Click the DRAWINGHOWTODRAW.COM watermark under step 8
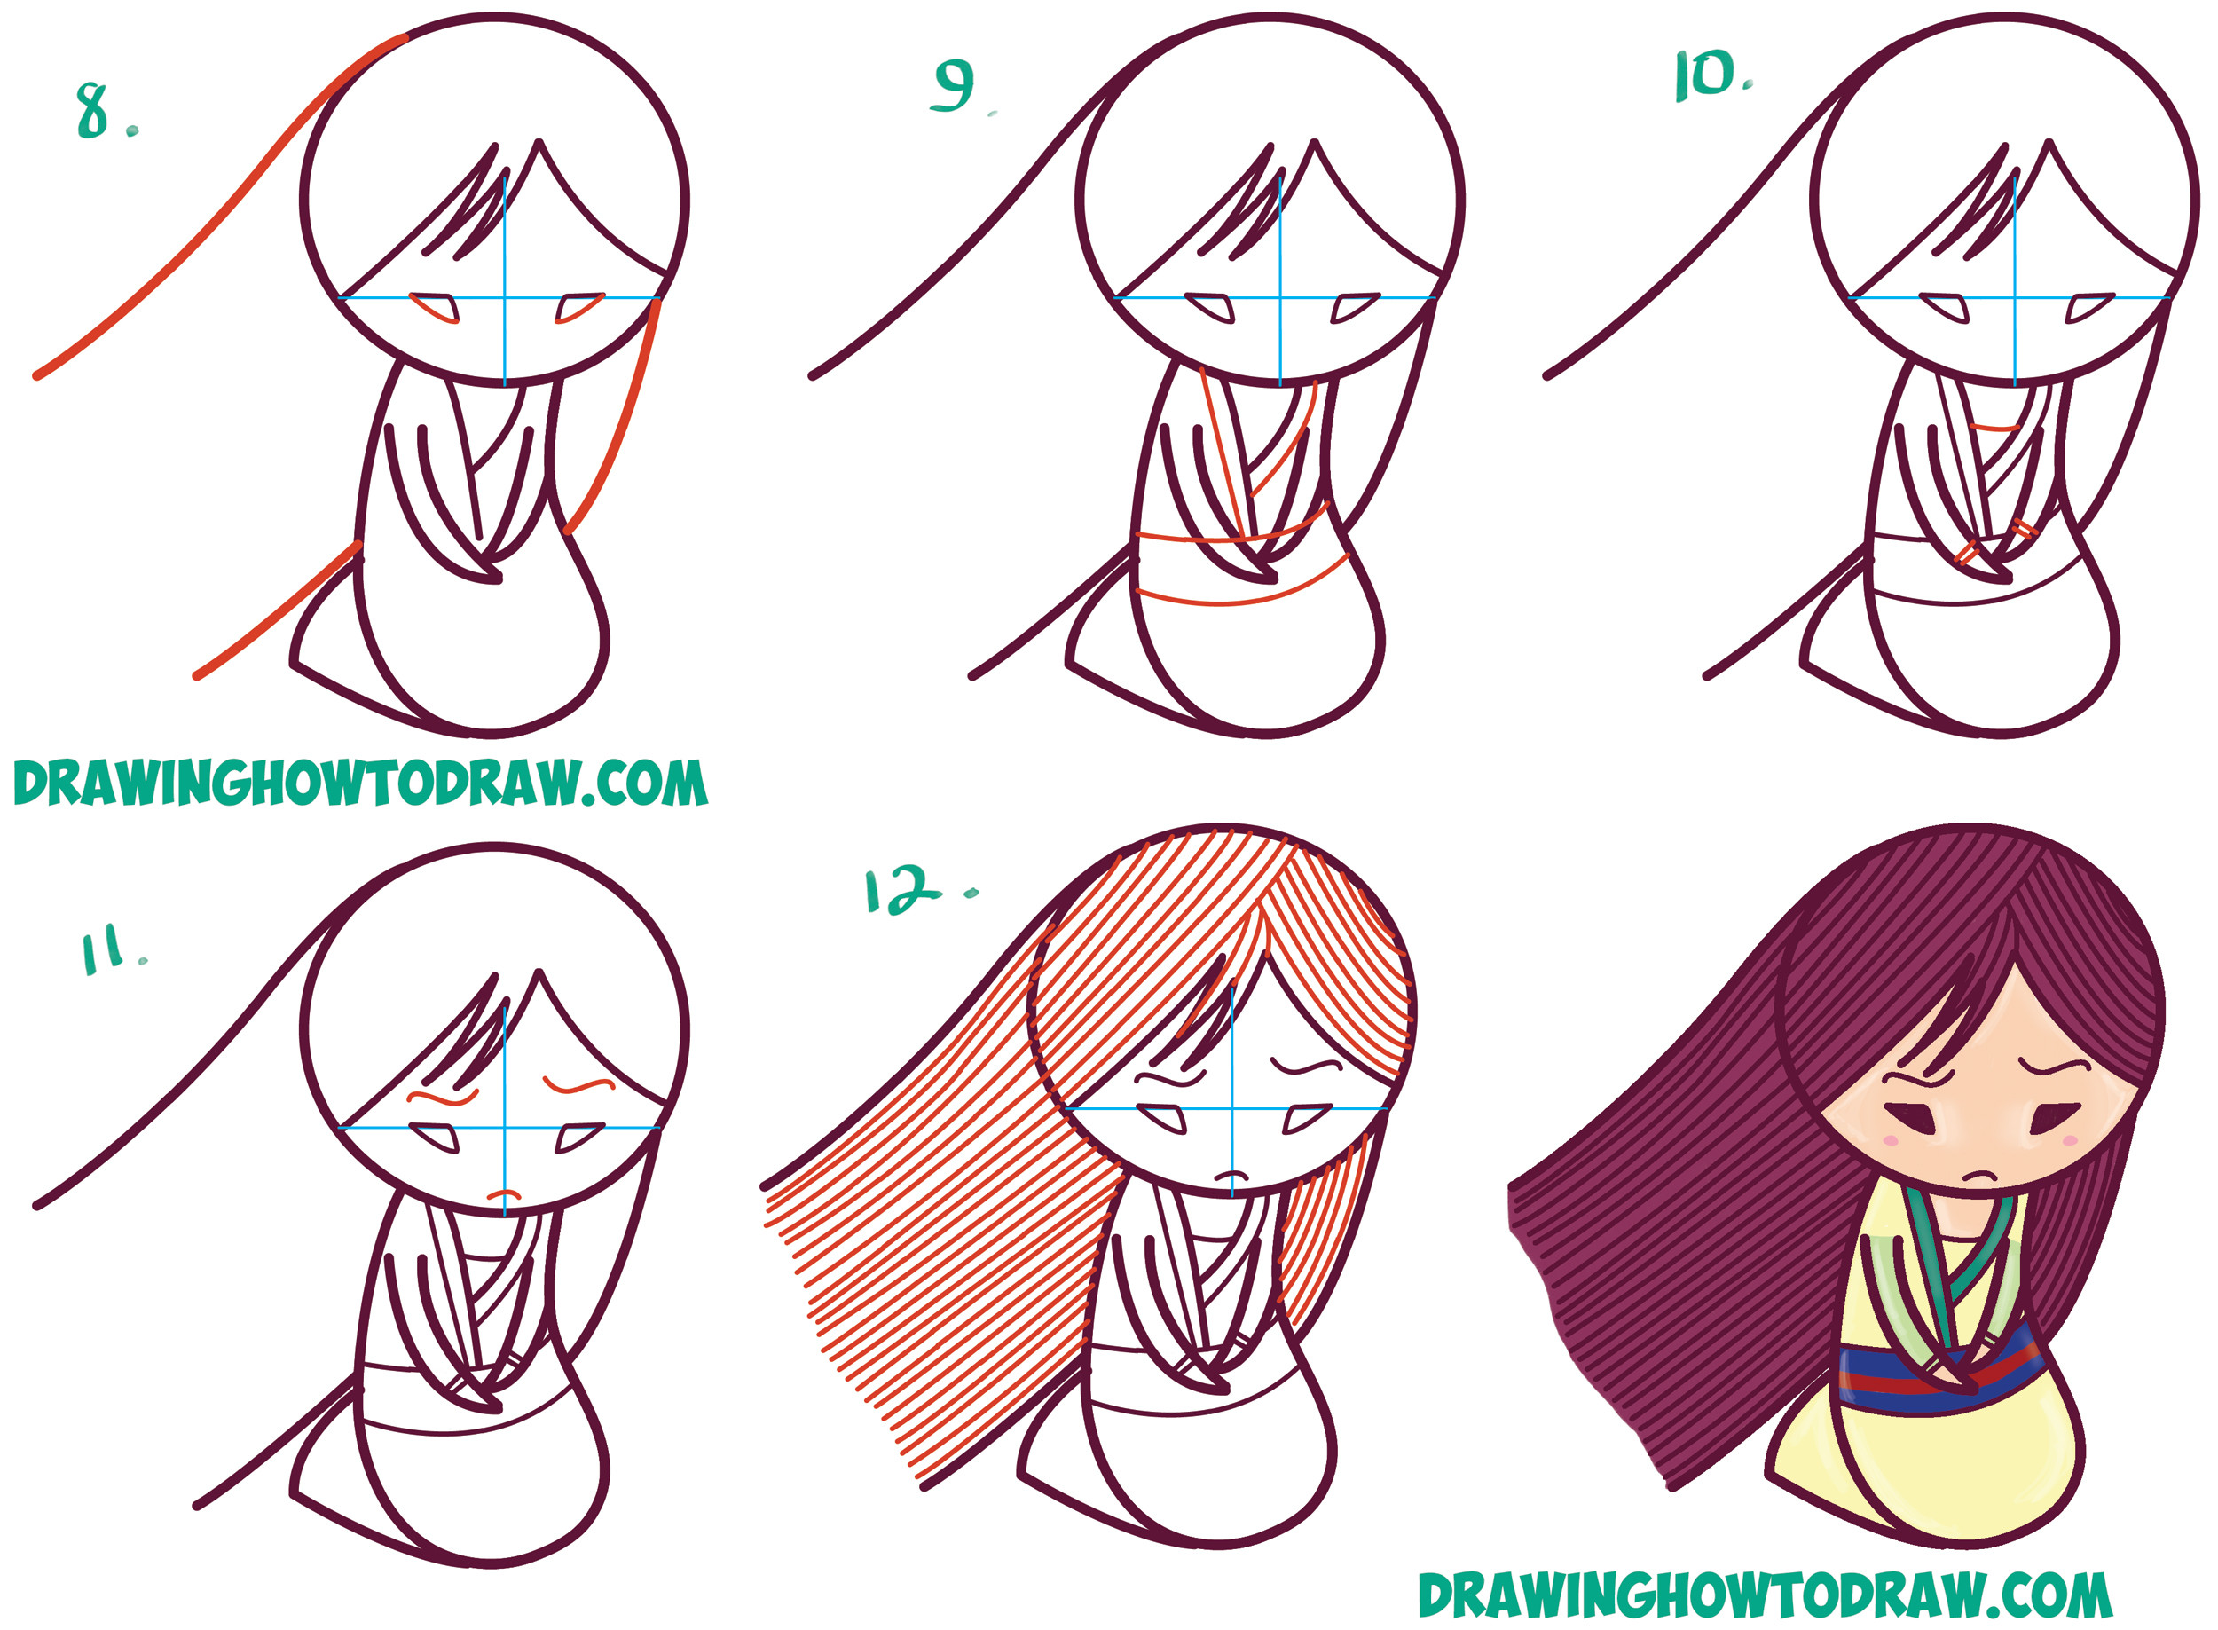[x=360, y=785]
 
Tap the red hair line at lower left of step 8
[x=276, y=611]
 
